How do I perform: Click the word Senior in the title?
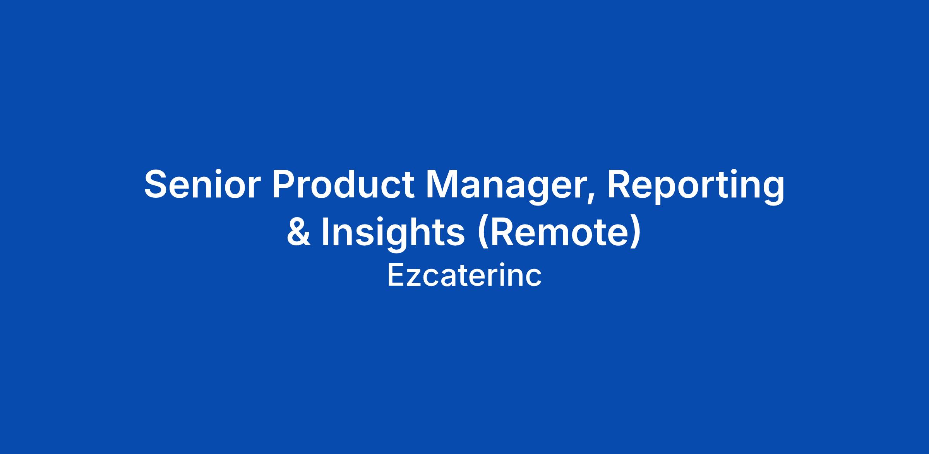pos(200,184)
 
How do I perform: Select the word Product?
pos(343,184)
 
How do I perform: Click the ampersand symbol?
pos(298,232)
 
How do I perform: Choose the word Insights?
pos(393,234)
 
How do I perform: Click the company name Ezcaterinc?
pos(464,276)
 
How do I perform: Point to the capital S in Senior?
pos(157,184)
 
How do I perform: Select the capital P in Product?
pos(285,184)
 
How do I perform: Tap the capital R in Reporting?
pos(620,184)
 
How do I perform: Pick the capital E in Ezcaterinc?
pos(396,276)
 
